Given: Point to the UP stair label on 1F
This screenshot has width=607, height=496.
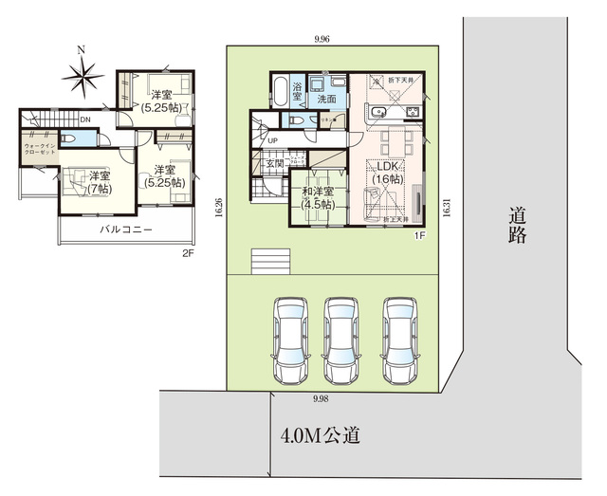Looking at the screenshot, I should pos(273,141).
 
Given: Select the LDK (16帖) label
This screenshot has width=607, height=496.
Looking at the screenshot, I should pos(389,173).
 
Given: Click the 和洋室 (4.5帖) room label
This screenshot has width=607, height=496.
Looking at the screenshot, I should pos(317,197).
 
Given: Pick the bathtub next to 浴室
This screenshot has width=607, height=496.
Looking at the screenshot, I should pos(279,93).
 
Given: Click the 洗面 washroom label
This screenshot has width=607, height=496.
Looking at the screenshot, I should pos(327,98).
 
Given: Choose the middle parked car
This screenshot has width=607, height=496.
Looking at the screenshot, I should pos(342,338).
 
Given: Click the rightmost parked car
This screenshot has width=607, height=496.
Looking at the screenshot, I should pos(399,338).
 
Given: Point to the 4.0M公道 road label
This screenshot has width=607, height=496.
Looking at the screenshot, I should pos(321,436).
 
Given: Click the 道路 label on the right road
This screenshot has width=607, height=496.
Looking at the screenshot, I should pos(517,226).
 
